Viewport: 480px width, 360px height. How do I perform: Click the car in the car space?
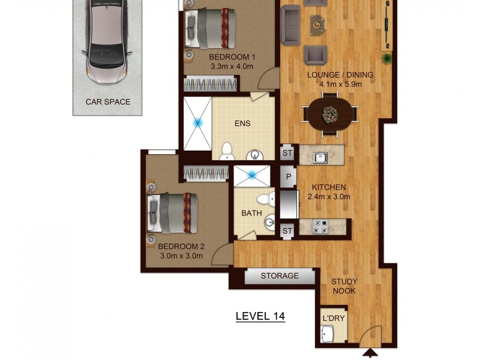[x=107, y=42]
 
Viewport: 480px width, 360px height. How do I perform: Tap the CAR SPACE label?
[x=108, y=102]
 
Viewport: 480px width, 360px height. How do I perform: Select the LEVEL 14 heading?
[x=260, y=316]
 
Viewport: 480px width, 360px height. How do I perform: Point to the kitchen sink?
[x=320, y=158]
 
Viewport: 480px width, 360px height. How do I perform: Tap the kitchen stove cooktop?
[x=320, y=227]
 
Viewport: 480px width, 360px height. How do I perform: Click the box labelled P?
[x=288, y=177]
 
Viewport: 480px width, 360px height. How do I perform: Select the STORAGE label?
[x=280, y=276]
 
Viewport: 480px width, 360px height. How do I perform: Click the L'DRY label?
[x=334, y=318]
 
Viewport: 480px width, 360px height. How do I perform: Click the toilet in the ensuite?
[x=227, y=151]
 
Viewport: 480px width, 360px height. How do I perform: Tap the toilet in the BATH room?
[x=263, y=199]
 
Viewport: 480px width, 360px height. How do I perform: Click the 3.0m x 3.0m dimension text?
[x=181, y=256]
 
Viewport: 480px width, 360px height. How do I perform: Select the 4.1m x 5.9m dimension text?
[x=340, y=85]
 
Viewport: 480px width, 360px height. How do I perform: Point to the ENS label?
[x=242, y=124]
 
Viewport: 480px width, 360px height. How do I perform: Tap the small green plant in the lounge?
[x=387, y=58]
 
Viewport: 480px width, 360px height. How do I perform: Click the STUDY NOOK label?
[x=344, y=286]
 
